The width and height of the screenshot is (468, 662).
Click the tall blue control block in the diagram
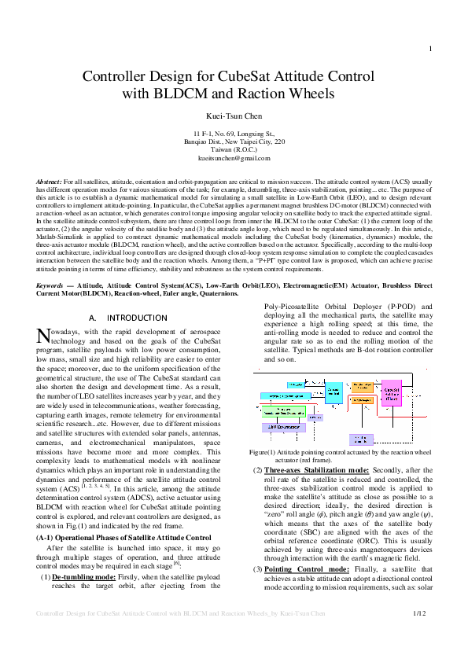(x=333, y=393)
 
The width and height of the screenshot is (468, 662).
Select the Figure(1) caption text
(x=339, y=457)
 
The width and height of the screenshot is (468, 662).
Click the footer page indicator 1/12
(x=420, y=634)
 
